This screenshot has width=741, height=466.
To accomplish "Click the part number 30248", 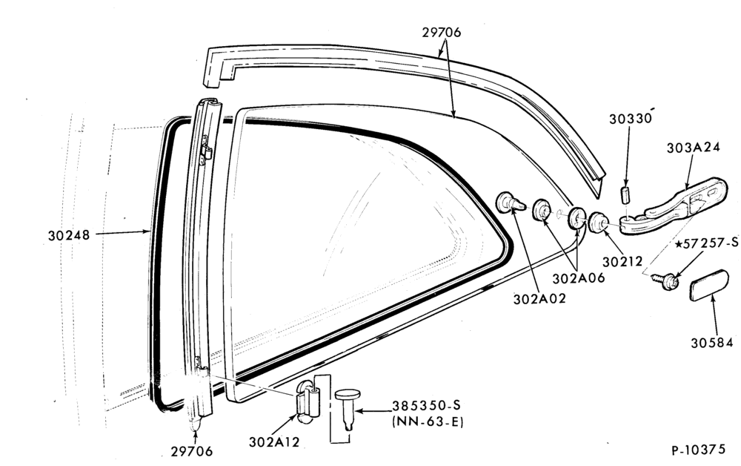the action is (68, 235).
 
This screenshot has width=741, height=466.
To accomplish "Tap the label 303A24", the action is (694, 148).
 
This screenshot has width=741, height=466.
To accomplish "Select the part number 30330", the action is (630, 119).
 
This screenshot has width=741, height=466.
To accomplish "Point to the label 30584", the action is (711, 343).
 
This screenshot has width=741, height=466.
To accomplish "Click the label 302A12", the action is (274, 442).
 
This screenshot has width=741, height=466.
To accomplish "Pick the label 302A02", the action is (539, 299).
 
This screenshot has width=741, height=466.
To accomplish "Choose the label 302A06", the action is (579, 279).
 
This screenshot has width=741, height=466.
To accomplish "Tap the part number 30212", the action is (622, 262).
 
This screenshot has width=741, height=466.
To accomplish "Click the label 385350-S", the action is (426, 406).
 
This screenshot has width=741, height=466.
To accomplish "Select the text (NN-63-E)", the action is (428, 421).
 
